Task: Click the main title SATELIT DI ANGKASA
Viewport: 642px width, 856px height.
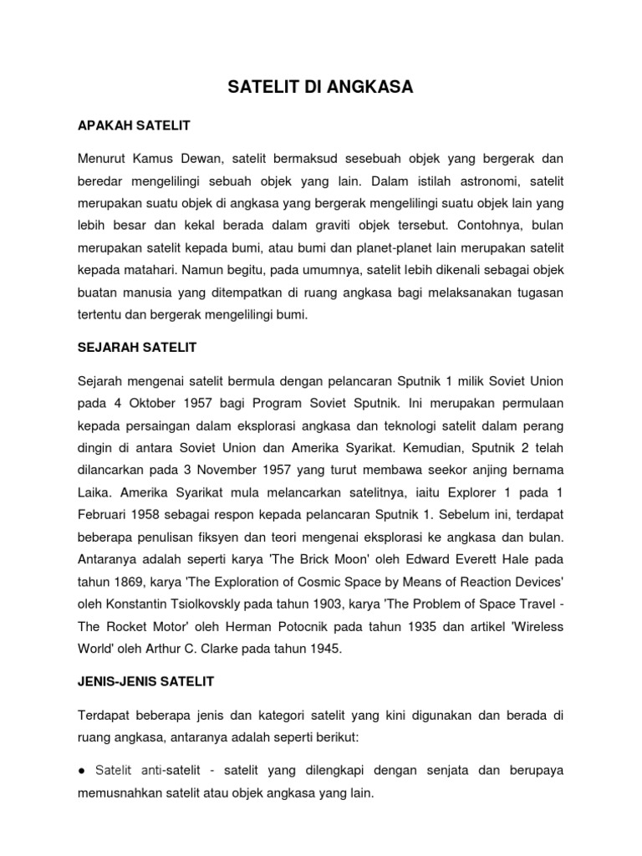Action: point(321,86)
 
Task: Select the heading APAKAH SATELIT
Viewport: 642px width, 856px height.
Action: point(134,125)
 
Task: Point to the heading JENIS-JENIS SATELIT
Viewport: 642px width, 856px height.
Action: point(146,681)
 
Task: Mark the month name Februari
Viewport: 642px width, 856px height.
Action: point(104,512)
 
